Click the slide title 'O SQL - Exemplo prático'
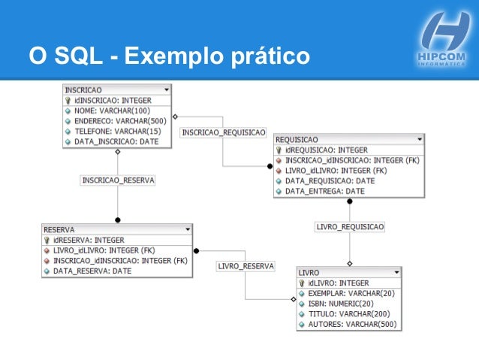[x=169, y=56]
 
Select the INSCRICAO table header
[x=116, y=89]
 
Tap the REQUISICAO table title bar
[x=348, y=140]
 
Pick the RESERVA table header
[x=116, y=229]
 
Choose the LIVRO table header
[x=348, y=272]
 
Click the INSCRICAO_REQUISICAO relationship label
[x=224, y=132]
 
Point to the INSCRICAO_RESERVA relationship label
[x=118, y=180]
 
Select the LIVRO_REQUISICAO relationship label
[x=350, y=226]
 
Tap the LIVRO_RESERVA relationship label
[x=246, y=266]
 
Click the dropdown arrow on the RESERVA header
[x=188, y=229]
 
